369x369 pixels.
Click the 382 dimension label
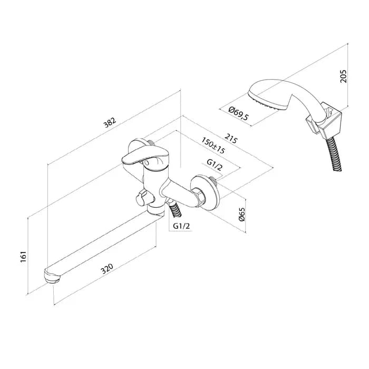tap(110, 123)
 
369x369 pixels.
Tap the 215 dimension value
tap(231, 139)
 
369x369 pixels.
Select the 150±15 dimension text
tap(213, 145)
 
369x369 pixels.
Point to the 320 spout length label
tap(107, 269)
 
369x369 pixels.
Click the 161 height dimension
tap(24, 257)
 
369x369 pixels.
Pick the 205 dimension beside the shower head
tap(344, 76)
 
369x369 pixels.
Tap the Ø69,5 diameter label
tap(238, 113)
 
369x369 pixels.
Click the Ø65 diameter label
tap(241, 214)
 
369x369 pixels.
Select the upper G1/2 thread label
tap(214, 164)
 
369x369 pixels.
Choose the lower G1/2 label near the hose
tap(181, 226)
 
